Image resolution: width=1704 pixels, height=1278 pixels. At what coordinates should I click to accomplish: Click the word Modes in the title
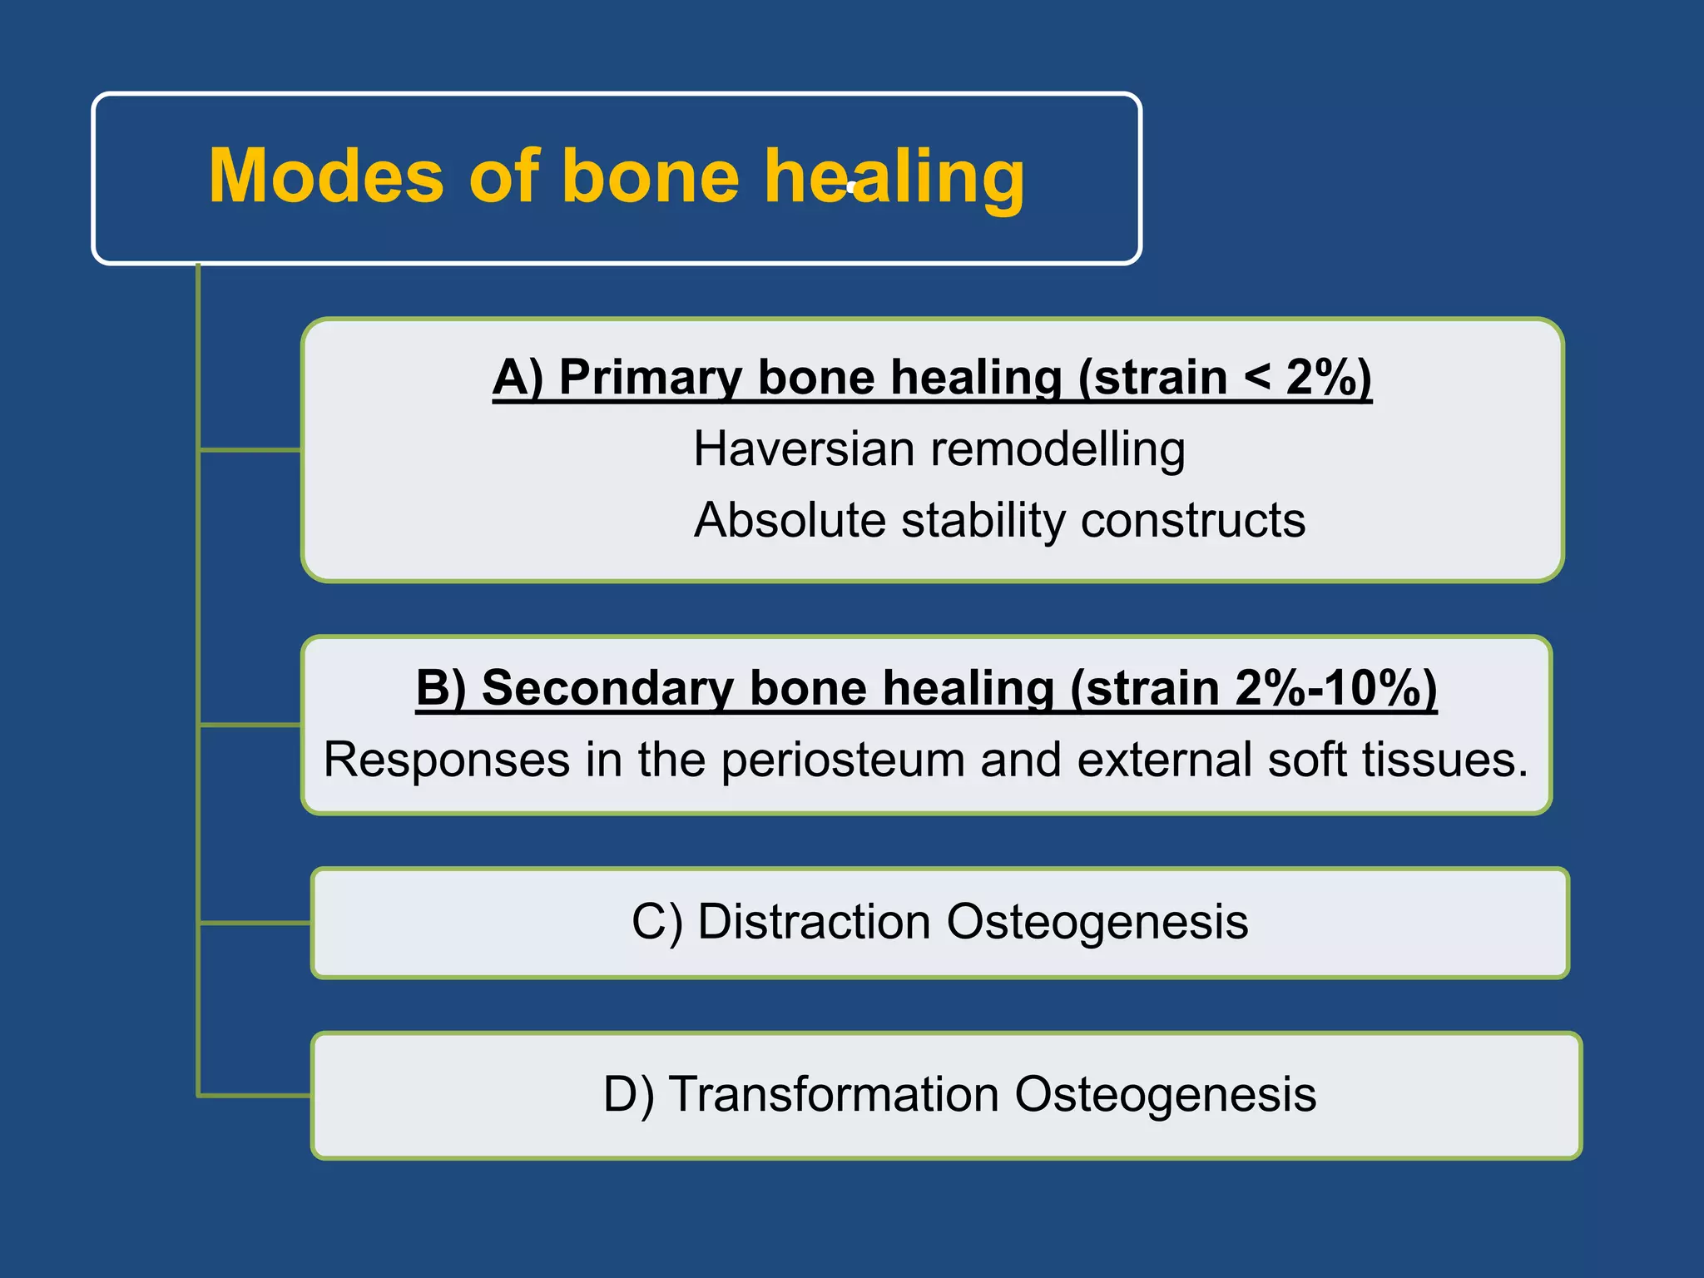tap(326, 176)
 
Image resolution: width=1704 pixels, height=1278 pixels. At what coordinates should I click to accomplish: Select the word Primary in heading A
tap(649, 378)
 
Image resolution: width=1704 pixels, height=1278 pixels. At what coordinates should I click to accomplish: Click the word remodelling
tap(1058, 450)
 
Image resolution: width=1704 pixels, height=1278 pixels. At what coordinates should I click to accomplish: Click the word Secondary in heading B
tap(607, 689)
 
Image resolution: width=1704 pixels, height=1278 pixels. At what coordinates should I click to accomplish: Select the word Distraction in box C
tap(814, 923)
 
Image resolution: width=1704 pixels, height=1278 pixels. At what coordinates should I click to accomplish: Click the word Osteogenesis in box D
tap(1165, 1095)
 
